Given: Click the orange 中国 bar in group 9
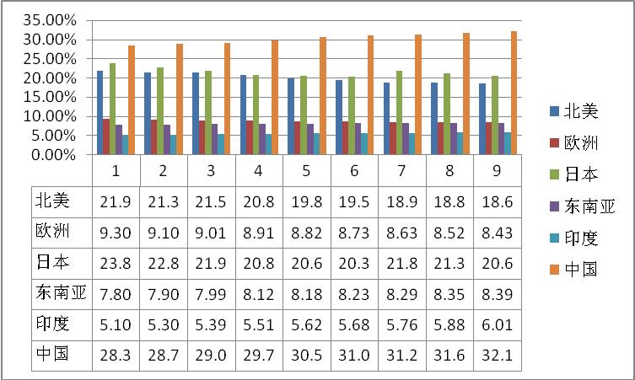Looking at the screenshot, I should pyautogui.click(x=514, y=93).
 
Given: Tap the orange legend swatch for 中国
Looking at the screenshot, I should pyautogui.click(x=553, y=270).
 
